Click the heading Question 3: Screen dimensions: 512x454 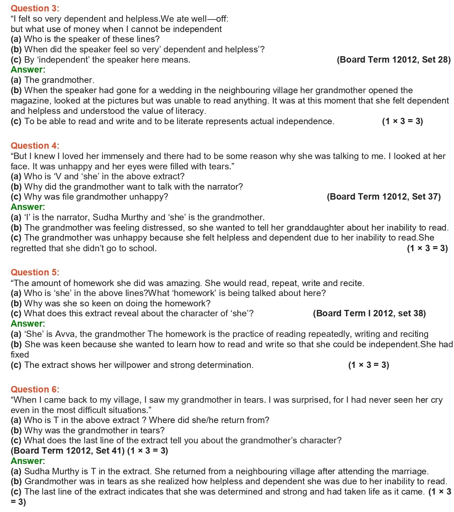(35, 8)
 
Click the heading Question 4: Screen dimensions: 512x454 (35, 146)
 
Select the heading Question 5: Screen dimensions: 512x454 (35, 272)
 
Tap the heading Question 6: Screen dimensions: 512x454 (35, 389)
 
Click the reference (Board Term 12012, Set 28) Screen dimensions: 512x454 (393, 60)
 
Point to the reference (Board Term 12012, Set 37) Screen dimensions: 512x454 (383, 197)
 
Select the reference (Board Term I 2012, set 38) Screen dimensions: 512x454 (369, 313)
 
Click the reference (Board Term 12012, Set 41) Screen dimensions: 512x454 (68, 451)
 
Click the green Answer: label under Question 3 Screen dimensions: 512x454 (28, 70)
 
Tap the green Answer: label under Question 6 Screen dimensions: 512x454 (28, 461)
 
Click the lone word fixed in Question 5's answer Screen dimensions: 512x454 (20, 355)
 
